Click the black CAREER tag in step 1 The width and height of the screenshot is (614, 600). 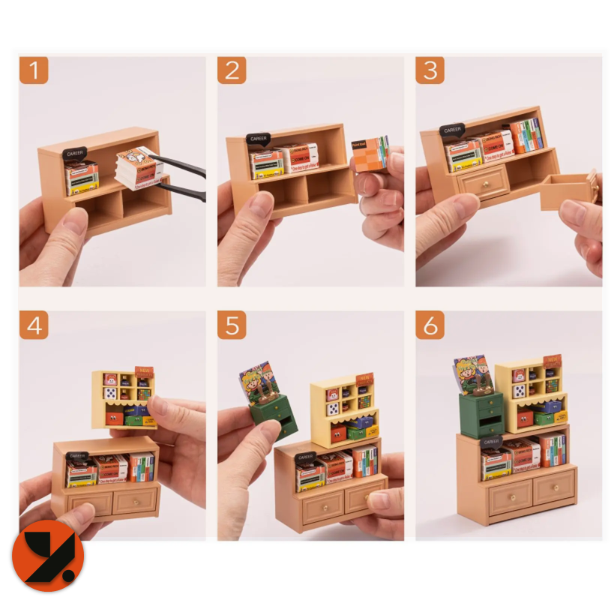75,154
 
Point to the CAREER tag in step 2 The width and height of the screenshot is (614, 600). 259,139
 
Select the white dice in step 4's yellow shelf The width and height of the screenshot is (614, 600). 110,393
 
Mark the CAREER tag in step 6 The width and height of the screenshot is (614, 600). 492,442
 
